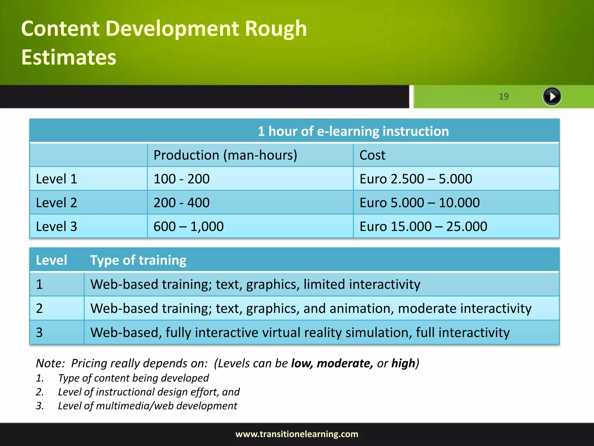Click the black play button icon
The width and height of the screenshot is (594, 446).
coord(552,96)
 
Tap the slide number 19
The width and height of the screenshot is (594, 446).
coord(504,96)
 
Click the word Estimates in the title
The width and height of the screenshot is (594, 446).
coord(69,57)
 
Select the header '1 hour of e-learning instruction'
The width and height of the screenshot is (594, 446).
coord(353,131)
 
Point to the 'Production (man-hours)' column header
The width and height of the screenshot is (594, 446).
coord(225,155)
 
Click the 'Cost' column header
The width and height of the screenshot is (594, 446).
coord(372,155)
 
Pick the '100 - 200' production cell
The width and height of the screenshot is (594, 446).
coord(182,179)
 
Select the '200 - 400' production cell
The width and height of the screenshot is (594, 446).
coord(182,203)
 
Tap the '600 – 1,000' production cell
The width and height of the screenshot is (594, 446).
coord(189,226)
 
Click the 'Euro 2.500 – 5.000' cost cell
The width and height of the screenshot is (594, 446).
coord(416,179)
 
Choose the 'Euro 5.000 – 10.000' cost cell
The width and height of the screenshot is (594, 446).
coord(419,203)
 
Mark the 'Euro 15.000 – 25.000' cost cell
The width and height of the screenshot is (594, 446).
coord(423,226)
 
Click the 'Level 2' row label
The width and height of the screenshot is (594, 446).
coord(57,203)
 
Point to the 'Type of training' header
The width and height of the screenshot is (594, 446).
coord(138,260)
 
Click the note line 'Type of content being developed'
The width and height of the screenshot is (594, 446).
coord(133,378)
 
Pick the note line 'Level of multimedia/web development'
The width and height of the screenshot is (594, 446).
coord(147,406)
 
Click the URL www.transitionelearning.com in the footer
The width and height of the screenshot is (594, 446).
coord(297,434)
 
